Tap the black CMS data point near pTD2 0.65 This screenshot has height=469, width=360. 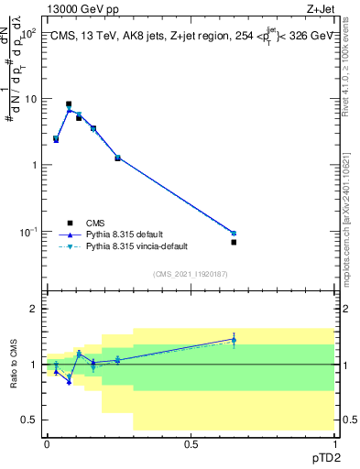pyautogui.click(x=234, y=242)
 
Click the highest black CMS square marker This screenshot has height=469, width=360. pyautogui.click(x=69, y=104)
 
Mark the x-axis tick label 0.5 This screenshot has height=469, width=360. pyautogui.click(x=191, y=443)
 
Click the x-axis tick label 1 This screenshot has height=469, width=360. pyautogui.click(x=334, y=443)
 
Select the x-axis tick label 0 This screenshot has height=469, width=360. pyautogui.click(x=47, y=443)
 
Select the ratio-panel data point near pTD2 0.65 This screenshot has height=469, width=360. pyautogui.click(x=234, y=340)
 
